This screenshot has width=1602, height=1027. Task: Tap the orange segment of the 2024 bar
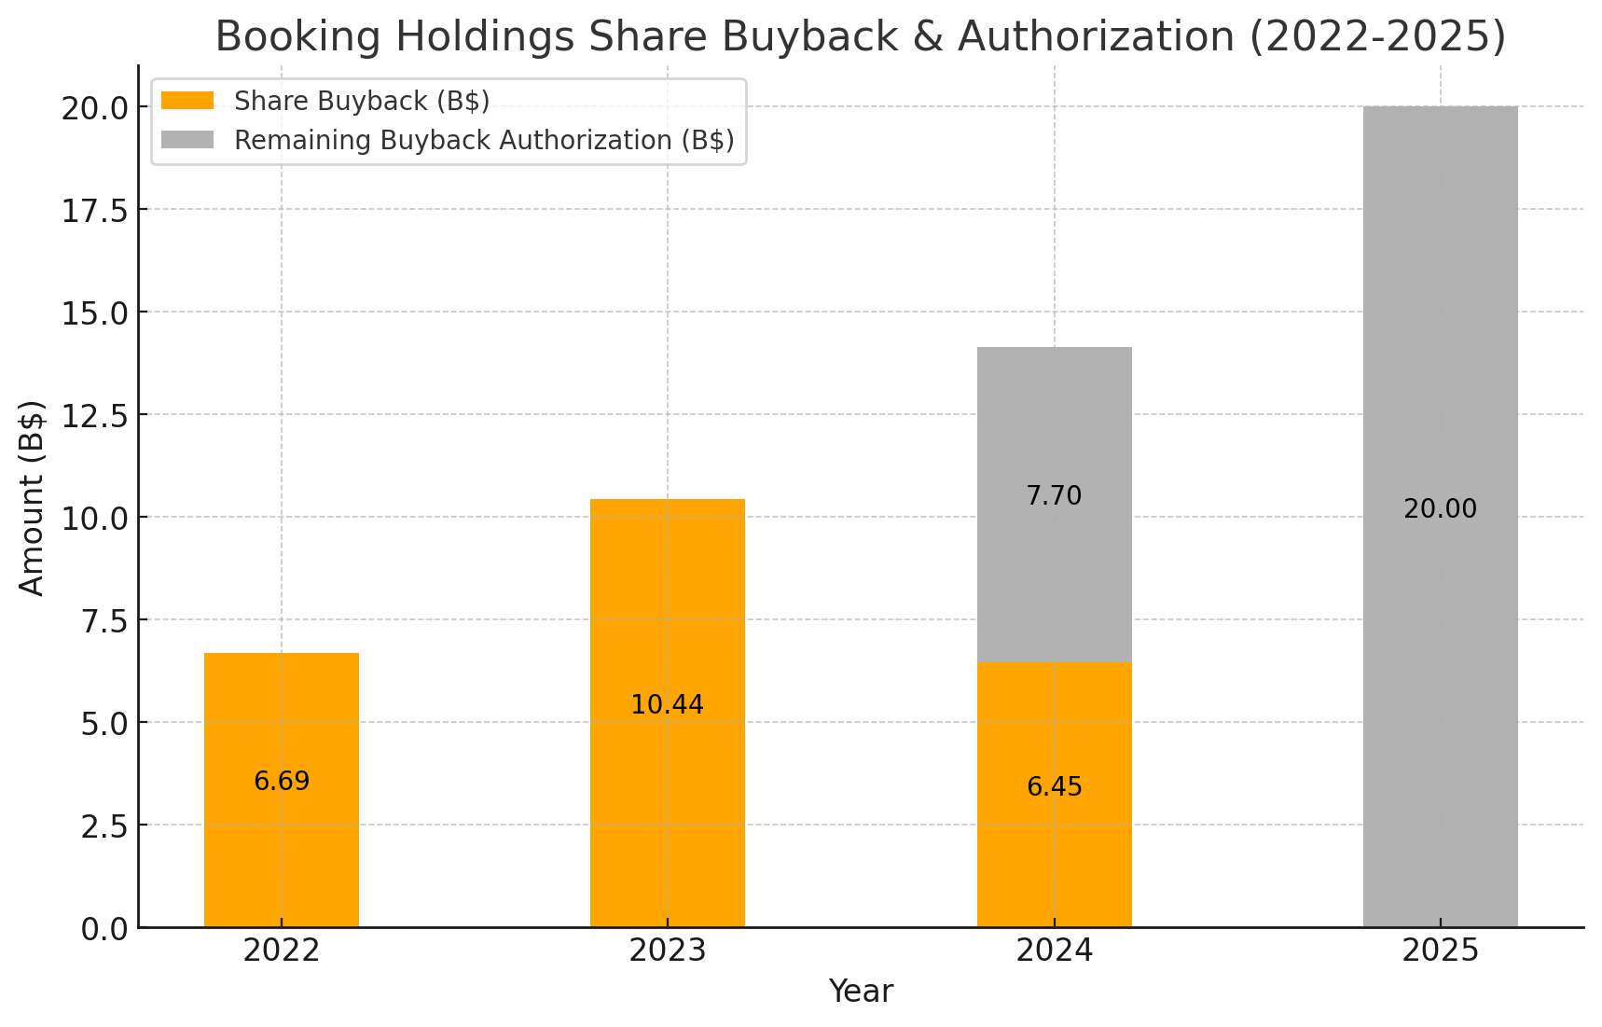(1055, 795)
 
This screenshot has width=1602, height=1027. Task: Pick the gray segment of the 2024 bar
(1055, 505)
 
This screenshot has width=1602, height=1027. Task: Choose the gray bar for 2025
(1441, 517)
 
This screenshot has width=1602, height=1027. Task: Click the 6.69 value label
(282, 782)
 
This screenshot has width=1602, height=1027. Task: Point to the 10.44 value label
(668, 705)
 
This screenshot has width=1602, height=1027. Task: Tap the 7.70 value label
(1055, 496)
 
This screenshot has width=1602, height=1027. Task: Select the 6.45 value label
(1055, 787)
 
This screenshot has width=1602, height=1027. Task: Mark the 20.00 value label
(1441, 509)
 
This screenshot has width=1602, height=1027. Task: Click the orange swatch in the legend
(187, 100)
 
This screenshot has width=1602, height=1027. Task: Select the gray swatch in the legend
(187, 140)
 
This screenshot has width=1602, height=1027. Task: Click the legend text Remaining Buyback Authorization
(453, 140)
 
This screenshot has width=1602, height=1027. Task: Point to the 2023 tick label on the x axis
(668, 951)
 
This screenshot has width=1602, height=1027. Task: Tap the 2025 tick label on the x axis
(1441, 951)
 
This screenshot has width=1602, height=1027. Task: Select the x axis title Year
(861, 992)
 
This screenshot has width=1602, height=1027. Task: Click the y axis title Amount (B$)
(33, 497)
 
